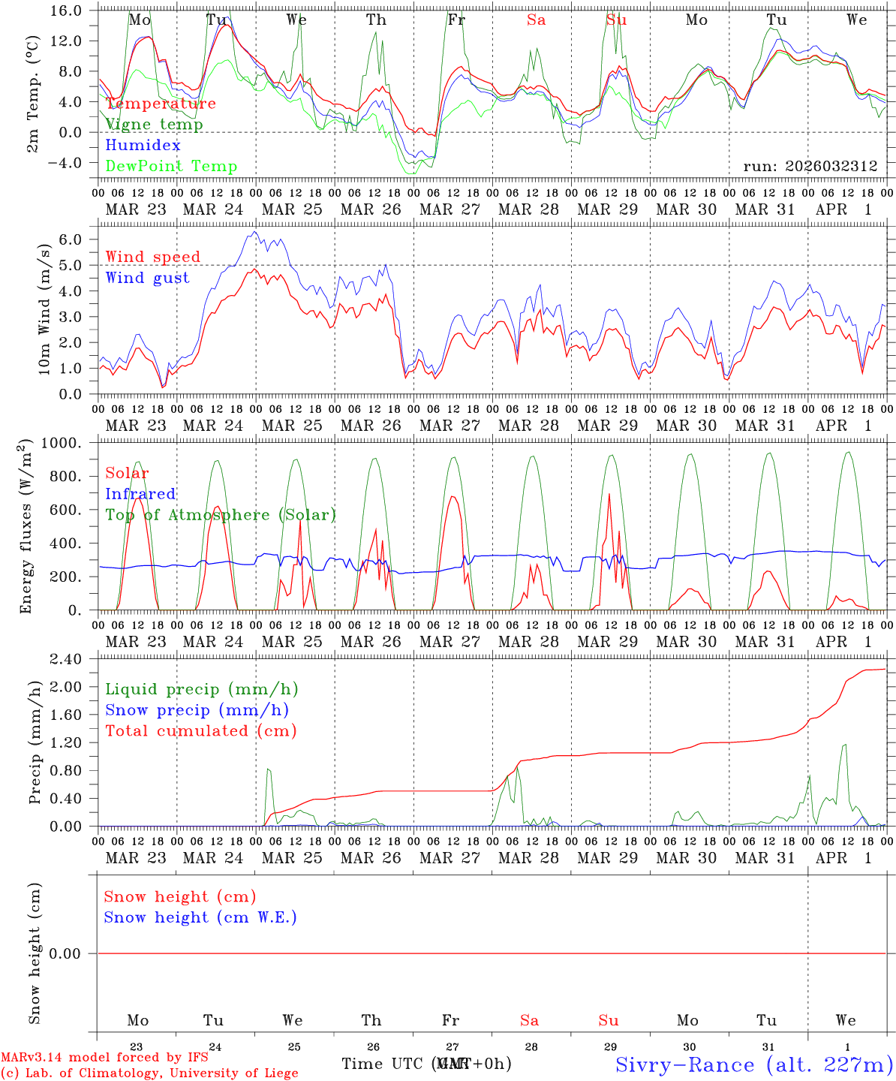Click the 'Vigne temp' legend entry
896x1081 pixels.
click(154, 125)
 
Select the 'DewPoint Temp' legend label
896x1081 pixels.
click(171, 167)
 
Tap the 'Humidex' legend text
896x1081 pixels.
click(143, 146)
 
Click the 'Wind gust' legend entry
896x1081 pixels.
click(147, 278)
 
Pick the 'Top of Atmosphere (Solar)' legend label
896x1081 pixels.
click(220, 515)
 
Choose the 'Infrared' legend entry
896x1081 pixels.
click(140, 494)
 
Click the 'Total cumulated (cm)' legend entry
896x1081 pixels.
click(200, 731)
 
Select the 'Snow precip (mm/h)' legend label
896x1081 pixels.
click(197, 710)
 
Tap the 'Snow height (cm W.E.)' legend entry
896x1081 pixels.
click(200, 917)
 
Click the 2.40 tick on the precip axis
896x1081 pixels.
click(69, 659)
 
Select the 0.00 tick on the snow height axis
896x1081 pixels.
click(69, 953)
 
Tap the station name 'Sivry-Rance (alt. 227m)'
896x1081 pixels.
click(753, 1064)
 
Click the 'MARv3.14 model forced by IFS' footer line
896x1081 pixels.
click(104, 1057)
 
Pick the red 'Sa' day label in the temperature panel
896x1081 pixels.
click(536, 20)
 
